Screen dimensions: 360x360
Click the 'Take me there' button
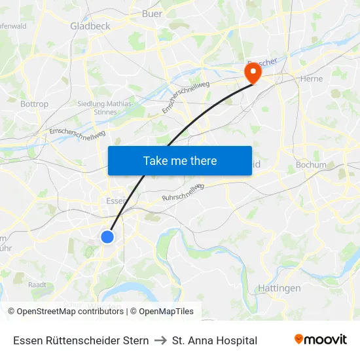click(180, 160)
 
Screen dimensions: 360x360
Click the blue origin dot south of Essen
click(107, 236)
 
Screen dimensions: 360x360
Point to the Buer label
click(152, 13)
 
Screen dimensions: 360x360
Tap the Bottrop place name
click(34, 104)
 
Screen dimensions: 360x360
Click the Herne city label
click(311, 79)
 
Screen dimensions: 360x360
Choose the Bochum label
click(311, 165)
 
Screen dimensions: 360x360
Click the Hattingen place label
click(279, 288)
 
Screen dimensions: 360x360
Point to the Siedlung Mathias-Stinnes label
click(105, 108)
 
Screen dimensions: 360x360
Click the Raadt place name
click(37, 285)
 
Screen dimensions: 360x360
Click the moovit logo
click(320, 340)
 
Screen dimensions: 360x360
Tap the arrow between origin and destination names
click(160, 340)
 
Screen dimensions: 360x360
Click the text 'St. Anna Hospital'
click(214, 340)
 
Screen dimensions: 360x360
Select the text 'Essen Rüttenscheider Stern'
click(81, 340)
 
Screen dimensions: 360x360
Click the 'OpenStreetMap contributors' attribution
click(70, 312)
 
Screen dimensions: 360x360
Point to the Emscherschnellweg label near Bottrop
click(77, 132)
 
